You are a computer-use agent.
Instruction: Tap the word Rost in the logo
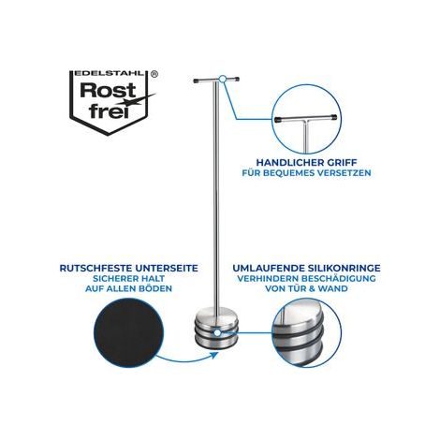click(108, 90)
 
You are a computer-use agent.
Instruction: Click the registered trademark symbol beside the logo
click(154, 74)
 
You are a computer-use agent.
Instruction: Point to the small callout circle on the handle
click(222, 79)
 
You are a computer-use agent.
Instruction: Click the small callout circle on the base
click(217, 333)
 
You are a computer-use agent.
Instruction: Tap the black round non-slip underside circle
click(128, 331)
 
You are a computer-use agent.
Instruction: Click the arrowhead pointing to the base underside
click(214, 355)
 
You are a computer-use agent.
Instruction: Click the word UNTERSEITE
click(167, 268)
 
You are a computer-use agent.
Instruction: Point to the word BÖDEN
click(155, 288)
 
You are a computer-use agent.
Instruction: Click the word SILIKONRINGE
click(345, 268)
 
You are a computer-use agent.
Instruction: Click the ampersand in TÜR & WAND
click(311, 288)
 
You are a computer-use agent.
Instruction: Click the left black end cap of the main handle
click(197, 81)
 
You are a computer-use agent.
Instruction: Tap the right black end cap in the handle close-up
click(333, 118)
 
